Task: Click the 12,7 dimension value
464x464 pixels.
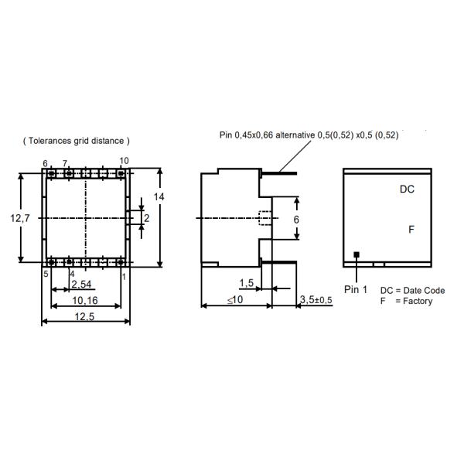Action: click(20, 218)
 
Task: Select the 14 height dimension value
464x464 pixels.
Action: click(159, 196)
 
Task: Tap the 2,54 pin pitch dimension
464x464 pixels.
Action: click(81, 285)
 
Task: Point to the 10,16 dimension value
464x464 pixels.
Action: click(85, 301)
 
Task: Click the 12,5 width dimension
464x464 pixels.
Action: click(84, 316)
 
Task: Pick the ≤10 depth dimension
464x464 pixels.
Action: click(235, 300)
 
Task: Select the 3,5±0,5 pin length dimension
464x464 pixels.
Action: click(316, 300)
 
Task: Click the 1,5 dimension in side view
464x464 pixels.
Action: click(247, 283)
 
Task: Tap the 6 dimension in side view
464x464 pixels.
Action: click(296, 220)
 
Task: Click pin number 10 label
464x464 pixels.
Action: click(124, 161)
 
